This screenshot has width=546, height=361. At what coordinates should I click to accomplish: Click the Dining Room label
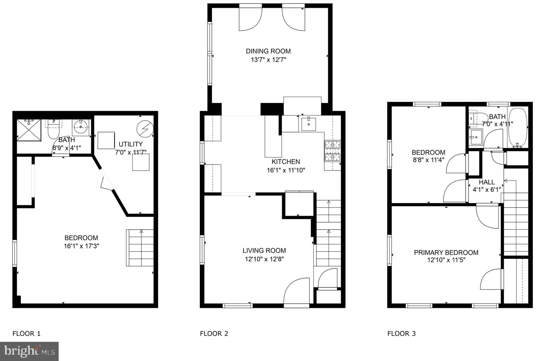pos(268,51)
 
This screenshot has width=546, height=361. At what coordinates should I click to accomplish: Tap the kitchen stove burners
pos(332,151)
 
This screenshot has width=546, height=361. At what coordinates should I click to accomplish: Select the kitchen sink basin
pos(308,124)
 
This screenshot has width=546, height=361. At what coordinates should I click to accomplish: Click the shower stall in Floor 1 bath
pos(29,130)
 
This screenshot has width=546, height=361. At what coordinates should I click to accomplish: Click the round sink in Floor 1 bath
pos(80,127)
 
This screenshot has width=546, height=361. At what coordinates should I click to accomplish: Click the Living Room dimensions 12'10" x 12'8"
pos(264,259)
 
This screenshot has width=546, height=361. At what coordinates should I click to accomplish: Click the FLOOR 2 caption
pos(214,334)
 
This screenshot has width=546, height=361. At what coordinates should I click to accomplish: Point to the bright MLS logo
pos(29,351)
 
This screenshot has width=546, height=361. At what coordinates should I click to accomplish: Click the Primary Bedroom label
pos(446,252)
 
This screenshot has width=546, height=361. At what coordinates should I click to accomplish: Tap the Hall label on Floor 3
pos(487,182)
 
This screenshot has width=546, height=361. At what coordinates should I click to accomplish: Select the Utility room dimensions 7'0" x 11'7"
pos(131,152)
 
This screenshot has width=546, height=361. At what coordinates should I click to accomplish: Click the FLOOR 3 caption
pos(402,334)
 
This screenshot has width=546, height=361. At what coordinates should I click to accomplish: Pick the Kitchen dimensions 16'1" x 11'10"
pos(286,170)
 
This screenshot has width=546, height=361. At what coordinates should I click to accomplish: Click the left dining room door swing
pos(250,20)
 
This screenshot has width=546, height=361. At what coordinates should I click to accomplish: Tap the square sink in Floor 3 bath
pos(476,137)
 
